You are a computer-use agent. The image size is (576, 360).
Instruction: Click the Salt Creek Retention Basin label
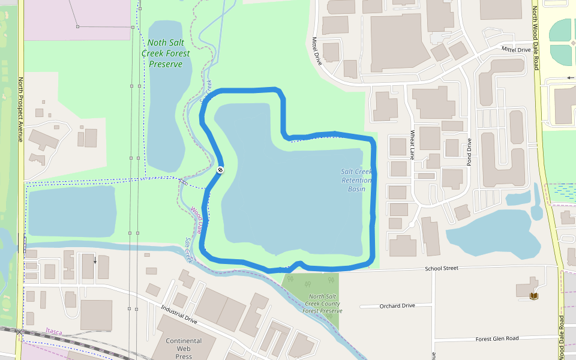pos(356,180)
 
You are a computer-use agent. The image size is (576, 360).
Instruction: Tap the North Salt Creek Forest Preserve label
pos(166,53)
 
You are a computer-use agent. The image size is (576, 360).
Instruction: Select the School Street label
pos(441,268)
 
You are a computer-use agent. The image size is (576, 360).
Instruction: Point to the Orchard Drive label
pos(397,306)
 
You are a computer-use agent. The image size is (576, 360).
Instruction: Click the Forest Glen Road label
pos(497,338)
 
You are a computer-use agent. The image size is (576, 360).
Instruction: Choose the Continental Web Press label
pos(184,349)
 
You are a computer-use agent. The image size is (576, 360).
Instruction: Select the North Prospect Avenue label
pos(20,109)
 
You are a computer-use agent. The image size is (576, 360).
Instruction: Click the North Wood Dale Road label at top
pos(535,37)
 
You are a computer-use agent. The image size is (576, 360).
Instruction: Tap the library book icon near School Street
pos(534,296)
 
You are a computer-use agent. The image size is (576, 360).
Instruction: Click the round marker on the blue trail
pos(220,170)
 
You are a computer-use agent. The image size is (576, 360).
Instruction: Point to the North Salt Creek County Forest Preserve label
pos(322,304)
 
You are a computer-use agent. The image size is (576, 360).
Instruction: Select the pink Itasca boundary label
pos(53,331)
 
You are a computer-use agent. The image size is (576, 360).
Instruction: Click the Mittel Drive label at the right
pos(516,50)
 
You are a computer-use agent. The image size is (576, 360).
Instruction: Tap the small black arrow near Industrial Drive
pos(94,260)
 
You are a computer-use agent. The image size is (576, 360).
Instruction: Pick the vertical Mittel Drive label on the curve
pos(317,50)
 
